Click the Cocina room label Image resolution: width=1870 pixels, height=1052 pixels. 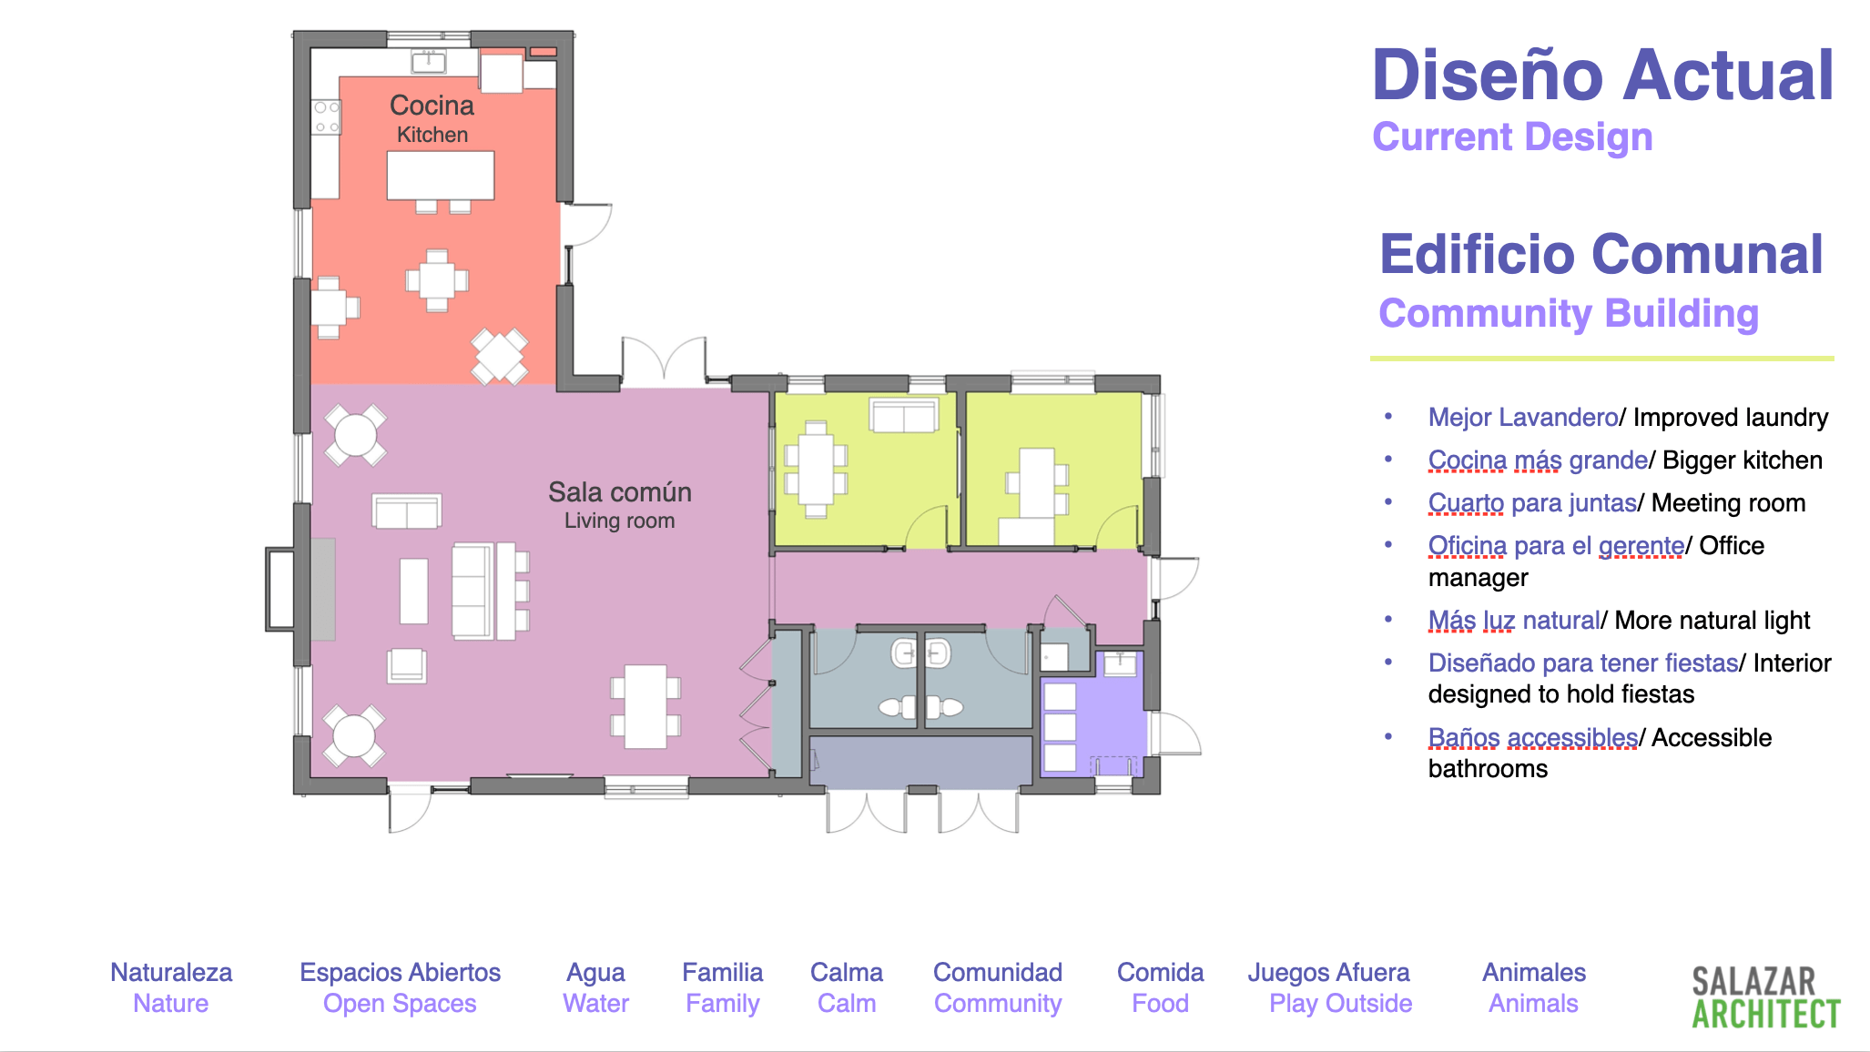432,106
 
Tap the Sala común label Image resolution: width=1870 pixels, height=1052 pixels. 620,492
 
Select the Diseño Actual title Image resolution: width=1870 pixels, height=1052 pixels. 1602,75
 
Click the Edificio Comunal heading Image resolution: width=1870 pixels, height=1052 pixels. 1601,254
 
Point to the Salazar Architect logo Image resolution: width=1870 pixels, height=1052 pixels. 1766,997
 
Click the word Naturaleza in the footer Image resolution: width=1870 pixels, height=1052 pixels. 171,972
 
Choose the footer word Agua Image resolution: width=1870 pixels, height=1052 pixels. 595,973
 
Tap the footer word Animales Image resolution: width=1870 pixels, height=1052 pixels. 1534,972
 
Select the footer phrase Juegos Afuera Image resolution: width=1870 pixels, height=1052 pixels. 1328,973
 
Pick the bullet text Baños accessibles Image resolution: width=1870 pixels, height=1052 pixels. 1533,737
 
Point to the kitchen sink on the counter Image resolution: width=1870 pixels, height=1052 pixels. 428,62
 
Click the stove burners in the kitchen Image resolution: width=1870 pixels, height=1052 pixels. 325,117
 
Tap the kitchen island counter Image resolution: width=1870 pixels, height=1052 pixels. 441,175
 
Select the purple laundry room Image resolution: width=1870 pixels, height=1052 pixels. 1093,713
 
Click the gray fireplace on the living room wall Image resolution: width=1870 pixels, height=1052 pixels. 323,589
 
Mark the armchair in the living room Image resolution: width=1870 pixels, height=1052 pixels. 406,665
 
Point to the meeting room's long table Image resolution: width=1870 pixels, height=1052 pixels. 816,470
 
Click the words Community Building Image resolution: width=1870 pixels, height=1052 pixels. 1569,314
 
